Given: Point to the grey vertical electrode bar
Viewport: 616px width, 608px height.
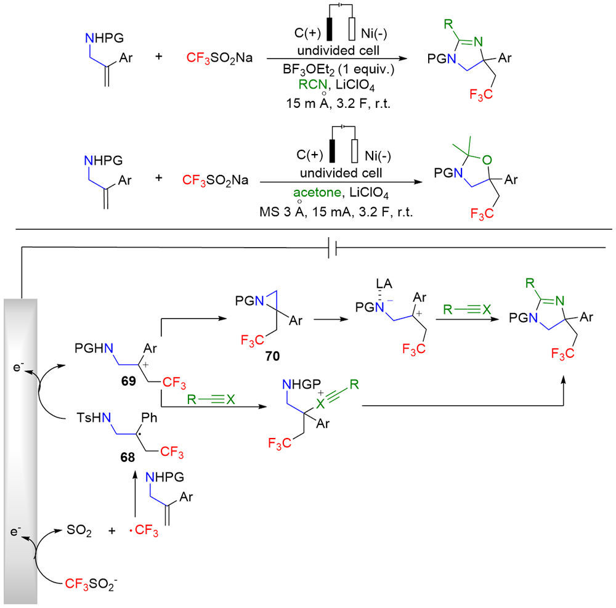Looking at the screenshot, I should coord(22,450).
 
